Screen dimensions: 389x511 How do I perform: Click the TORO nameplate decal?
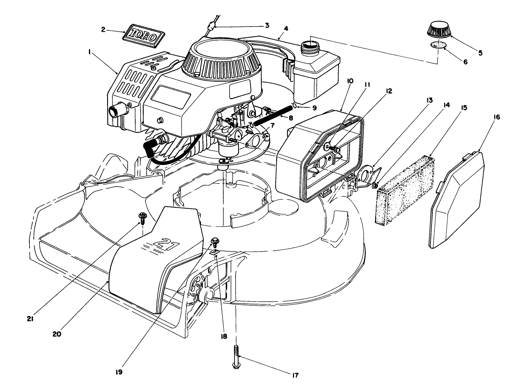point(144,35)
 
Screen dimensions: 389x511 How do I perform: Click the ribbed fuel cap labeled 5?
point(439,30)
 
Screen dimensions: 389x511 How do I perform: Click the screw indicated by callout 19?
point(215,242)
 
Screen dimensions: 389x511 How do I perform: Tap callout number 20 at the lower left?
point(57,334)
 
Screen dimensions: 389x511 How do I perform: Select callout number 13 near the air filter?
point(429,100)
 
